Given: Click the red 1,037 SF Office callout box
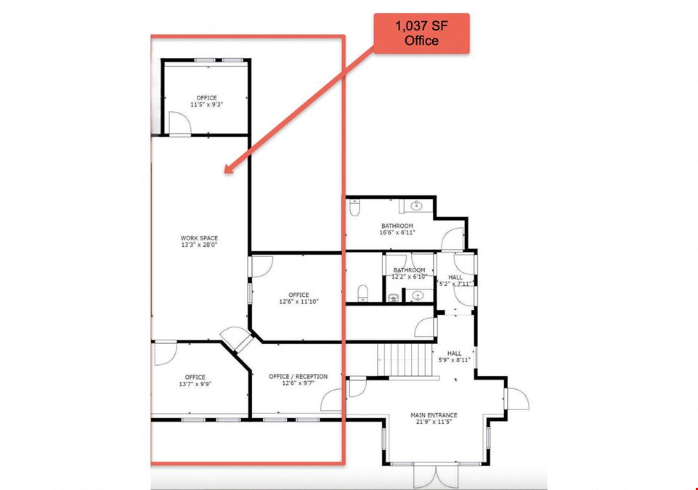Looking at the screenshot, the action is coord(421,33).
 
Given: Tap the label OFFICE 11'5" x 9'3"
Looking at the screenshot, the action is coord(206,101).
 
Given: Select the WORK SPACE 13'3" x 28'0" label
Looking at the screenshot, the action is coord(199,241).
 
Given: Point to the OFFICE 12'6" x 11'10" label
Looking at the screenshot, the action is coord(299,298).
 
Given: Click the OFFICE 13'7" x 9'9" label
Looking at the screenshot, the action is coord(195,380).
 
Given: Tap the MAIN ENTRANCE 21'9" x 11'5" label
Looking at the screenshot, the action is coord(434,418).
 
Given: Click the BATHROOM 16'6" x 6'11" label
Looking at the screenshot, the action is coord(397,229).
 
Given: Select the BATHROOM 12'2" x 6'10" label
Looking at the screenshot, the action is coord(409,273).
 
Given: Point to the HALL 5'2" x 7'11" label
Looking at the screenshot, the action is coord(455,280).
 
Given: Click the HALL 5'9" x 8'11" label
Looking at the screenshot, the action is coord(455,356).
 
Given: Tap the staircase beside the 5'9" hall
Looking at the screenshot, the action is coord(405,359).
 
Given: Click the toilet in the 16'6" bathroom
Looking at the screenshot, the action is coord(354,208).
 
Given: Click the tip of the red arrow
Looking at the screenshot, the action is coord(225,172).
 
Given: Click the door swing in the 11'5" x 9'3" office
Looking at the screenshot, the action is coord(180,123).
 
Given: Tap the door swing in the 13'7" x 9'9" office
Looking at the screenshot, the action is coord(166,353).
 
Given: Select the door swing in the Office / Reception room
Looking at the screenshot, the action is coord(331,400).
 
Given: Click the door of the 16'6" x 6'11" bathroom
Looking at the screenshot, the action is coord(453,239).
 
